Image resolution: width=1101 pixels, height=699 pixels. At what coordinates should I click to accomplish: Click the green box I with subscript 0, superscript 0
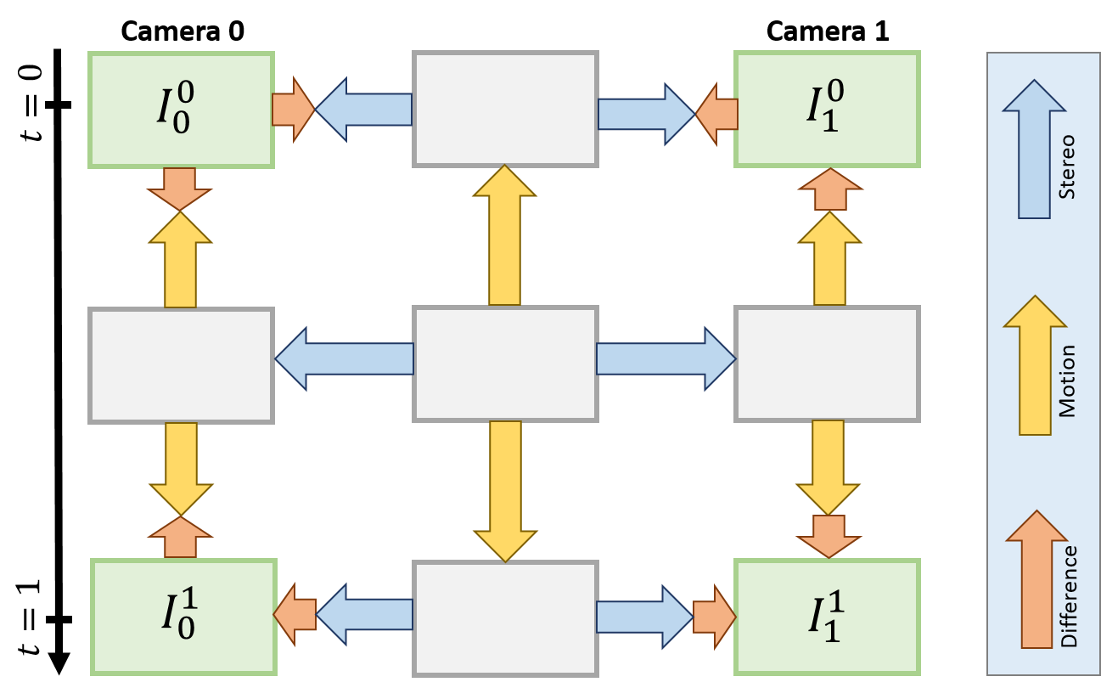(181, 110)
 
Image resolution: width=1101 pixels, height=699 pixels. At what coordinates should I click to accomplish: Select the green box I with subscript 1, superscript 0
(827, 110)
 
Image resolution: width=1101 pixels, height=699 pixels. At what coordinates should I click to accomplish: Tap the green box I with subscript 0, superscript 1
(183, 617)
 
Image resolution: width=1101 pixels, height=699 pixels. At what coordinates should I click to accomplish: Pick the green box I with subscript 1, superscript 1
(827, 617)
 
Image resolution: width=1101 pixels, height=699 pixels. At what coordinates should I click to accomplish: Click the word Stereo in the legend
(1067, 166)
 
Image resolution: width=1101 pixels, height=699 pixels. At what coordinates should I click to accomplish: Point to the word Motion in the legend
(1067, 381)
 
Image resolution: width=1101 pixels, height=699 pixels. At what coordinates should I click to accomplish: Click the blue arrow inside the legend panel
(1034, 149)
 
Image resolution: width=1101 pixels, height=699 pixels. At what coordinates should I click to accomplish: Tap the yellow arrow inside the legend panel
(1035, 365)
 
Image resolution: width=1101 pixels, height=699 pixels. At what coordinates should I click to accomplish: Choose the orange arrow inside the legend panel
(1036, 579)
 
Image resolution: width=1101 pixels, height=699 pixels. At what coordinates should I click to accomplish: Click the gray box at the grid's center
(505, 364)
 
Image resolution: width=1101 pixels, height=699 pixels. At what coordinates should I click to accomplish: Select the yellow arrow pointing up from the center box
(505, 235)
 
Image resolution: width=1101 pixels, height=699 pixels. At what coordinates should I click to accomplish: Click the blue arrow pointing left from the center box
(345, 358)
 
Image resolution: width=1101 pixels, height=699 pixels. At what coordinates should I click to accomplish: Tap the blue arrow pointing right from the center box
(666, 358)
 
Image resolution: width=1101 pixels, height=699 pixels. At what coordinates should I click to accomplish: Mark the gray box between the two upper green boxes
(505, 109)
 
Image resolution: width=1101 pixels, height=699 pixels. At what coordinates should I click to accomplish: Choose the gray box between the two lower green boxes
(505, 617)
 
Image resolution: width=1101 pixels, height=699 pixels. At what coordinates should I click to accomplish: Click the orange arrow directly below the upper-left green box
(180, 189)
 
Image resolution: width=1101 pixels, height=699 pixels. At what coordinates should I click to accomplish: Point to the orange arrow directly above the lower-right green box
(829, 536)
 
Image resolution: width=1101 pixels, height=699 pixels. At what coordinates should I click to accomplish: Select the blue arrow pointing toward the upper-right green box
(646, 114)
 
